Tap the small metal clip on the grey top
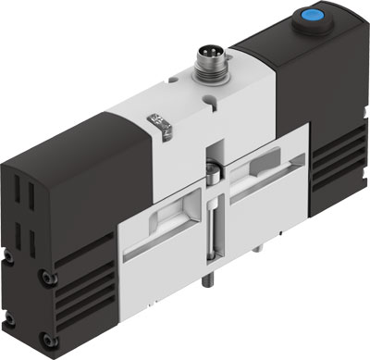coord(160,124)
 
